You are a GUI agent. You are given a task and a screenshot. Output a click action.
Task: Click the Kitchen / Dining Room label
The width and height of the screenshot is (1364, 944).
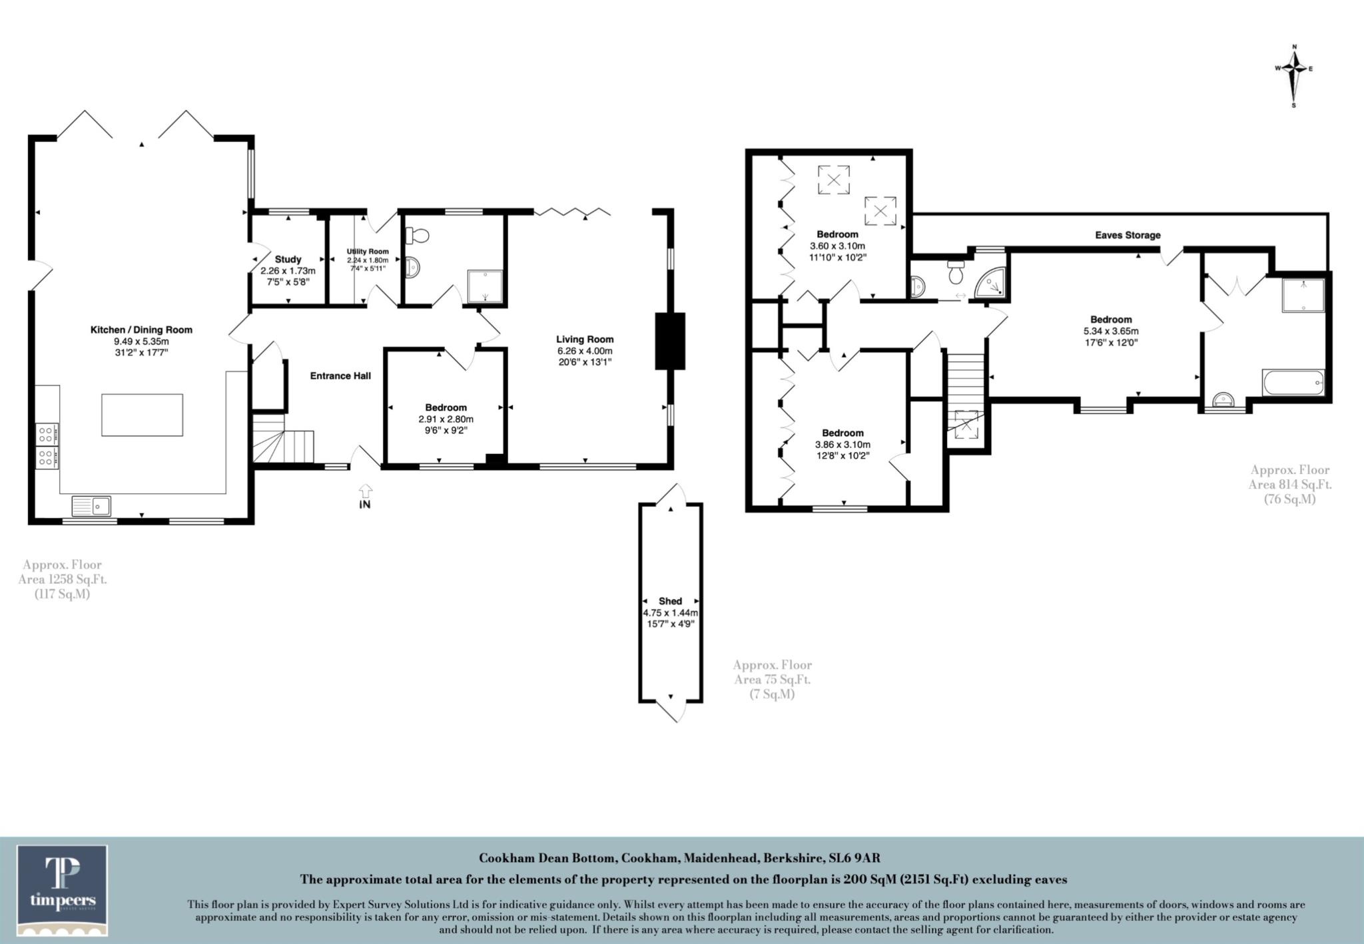141,330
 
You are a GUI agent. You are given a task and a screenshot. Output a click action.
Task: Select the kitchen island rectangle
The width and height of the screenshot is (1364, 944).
142,415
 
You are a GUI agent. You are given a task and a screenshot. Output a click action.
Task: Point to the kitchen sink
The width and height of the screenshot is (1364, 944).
91,506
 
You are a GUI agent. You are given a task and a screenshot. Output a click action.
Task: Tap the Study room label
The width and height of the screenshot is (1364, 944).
288,259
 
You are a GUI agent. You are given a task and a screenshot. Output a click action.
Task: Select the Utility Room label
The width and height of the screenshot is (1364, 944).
367,252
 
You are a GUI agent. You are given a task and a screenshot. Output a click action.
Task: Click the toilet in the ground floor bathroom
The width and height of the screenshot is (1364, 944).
420,236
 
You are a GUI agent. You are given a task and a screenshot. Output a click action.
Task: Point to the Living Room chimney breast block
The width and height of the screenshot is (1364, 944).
670,340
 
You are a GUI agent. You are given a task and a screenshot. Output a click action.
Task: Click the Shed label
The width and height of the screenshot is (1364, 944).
670,600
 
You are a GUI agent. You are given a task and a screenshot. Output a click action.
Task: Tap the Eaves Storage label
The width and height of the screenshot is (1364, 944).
1128,235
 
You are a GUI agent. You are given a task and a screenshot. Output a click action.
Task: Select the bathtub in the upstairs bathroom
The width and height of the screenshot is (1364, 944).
1293,383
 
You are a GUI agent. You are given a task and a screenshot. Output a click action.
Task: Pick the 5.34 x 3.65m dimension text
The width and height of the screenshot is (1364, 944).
1110,331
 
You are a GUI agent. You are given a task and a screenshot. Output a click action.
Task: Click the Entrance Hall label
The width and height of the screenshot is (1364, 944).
340,375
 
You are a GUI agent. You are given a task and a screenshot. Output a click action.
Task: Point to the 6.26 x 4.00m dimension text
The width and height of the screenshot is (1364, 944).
585,351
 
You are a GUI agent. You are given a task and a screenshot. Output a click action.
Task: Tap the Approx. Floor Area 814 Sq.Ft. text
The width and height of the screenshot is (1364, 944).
1289,484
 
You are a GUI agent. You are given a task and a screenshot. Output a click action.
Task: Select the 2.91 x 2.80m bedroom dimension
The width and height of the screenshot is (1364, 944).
446,419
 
